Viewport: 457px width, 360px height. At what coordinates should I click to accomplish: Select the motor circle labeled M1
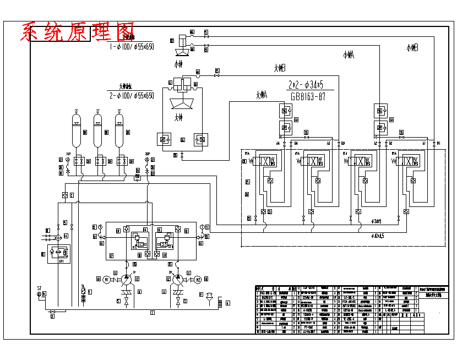[x=107, y=279]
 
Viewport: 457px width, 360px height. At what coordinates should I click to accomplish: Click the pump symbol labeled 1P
[x=126, y=280]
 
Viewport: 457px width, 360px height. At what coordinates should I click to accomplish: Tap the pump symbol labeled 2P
[x=177, y=280]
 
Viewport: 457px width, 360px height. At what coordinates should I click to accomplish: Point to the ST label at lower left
[x=40, y=288]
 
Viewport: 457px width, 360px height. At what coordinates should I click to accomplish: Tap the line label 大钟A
[x=261, y=95]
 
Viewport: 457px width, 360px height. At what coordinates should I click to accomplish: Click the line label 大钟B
[x=279, y=68]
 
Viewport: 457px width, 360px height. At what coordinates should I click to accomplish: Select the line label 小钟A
[x=348, y=55]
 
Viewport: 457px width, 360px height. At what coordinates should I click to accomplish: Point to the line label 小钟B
[x=412, y=48]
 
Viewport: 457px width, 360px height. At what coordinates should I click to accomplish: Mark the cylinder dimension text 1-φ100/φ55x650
[x=132, y=47]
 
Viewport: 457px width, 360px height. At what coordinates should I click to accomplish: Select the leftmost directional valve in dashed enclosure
[x=266, y=161]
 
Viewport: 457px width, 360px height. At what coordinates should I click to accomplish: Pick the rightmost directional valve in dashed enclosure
[x=406, y=161]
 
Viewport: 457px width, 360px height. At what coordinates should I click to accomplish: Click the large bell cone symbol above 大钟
[x=178, y=103]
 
